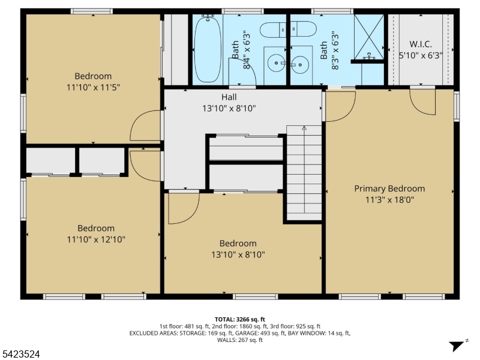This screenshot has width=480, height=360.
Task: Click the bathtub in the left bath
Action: (208, 49)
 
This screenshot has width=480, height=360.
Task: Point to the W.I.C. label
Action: (420, 44)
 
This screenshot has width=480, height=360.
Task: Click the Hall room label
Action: (229, 97)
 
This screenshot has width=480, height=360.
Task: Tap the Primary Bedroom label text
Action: (389, 188)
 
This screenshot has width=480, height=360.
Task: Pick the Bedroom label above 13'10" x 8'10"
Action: (238, 244)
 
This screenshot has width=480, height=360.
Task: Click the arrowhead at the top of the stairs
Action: (304, 128)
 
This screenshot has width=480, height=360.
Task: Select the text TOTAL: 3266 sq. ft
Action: (239, 319)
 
